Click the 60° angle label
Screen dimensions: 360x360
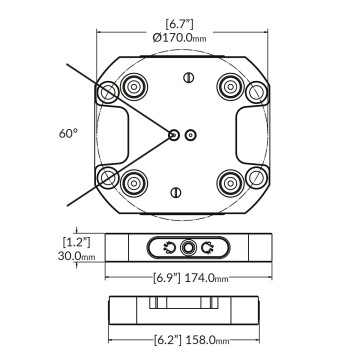[x=68, y=131]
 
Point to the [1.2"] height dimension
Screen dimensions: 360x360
[x=76, y=242]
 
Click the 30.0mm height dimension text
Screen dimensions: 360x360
[x=76, y=255]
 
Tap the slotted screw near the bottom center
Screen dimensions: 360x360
[x=176, y=191]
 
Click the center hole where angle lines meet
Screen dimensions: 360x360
[x=174, y=133]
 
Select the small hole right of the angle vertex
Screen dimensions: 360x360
[x=192, y=133]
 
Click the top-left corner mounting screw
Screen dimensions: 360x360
[x=104, y=93]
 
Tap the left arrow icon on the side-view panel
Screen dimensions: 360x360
[x=170, y=248]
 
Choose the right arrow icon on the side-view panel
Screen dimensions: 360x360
[x=207, y=248]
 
